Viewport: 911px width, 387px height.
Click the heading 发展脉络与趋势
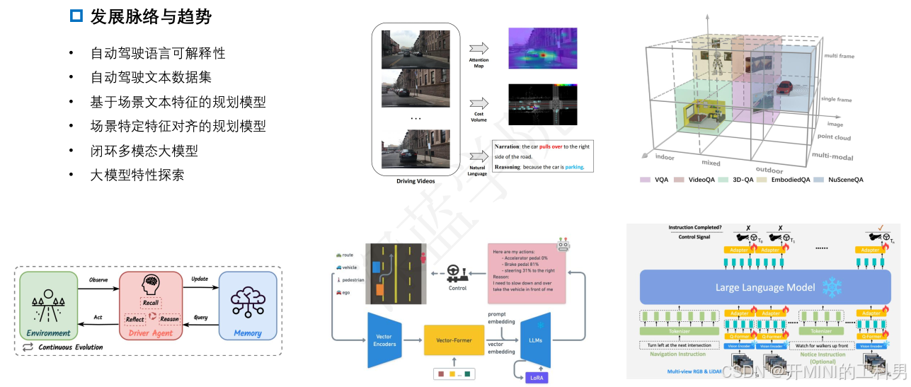(150, 16)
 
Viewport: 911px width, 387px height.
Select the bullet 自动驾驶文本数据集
(151, 77)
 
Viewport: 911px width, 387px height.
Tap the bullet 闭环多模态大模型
(144, 151)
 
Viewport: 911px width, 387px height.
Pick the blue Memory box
(247, 306)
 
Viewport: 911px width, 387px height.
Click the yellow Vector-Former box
(458, 340)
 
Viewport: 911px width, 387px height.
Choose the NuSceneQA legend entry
(844, 180)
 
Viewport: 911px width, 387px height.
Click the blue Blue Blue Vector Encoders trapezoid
(385, 340)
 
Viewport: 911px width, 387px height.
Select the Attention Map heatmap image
(542, 48)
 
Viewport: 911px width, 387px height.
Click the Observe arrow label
(98, 280)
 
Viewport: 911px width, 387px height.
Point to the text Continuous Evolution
(70, 347)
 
